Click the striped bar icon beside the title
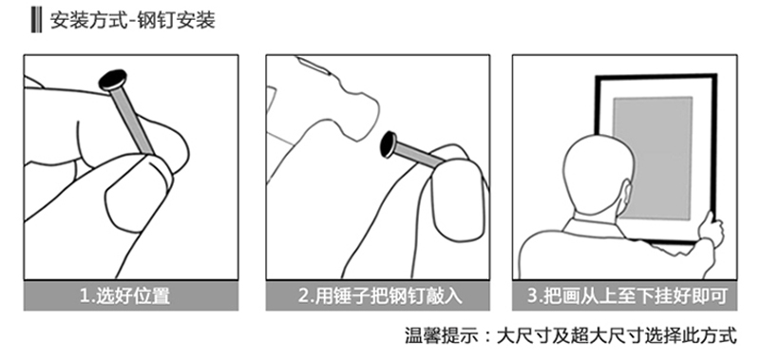click(x=36, y=20)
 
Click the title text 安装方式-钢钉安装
click(x=132, y=21)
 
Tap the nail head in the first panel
click(x=113, y=81)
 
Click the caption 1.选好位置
click(x=125, y=295)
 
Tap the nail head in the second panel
click(x=389, y=144)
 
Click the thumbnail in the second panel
click(x=457, y=201)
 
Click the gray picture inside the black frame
click(x=653, y=158)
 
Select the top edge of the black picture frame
click(x=655, y=77)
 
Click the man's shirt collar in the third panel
click(x=594, y=225)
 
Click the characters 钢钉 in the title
click(x=158, y=21)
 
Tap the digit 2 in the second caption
click(x=303, y=295)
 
